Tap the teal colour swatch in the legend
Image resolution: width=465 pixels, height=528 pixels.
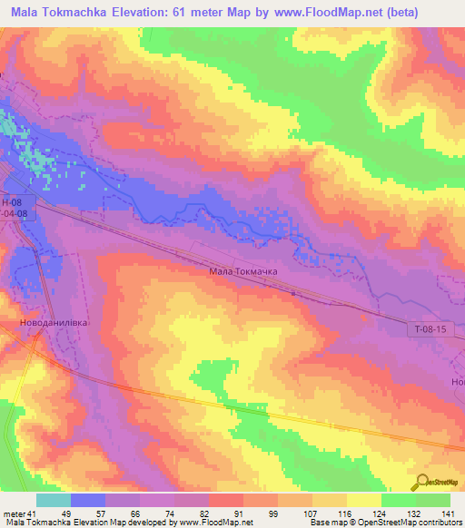(54, 499)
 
